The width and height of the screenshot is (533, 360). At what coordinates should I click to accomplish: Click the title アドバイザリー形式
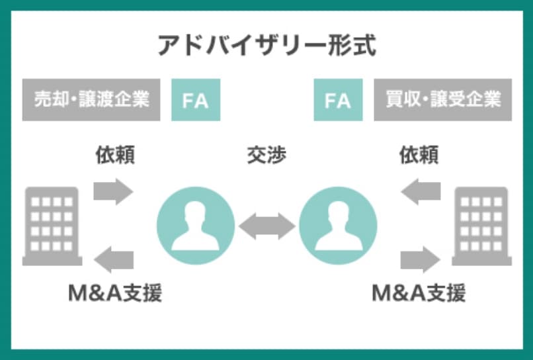[266, 46]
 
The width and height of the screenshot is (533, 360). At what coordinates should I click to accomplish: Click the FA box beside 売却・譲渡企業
[196, 100]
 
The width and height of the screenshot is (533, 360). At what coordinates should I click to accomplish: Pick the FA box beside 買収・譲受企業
[338, 100]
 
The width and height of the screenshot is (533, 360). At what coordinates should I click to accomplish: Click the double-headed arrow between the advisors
[266, 226]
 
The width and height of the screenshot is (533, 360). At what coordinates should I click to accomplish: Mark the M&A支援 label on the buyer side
[419, 292]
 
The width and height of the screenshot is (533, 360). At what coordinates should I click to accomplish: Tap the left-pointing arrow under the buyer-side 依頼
[421, 191]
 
